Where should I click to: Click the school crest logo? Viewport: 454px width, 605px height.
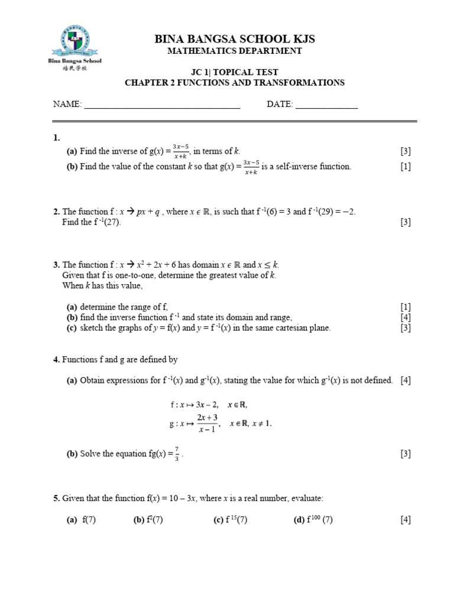[74, 40]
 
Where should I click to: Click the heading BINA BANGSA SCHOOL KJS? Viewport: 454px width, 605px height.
[235, 39]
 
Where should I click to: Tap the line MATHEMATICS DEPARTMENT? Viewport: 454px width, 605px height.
[235, 51]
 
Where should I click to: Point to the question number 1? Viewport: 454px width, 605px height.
[56, 138]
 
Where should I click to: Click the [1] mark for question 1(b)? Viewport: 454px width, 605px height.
[405, 167]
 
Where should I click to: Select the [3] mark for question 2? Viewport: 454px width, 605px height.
[405, 222]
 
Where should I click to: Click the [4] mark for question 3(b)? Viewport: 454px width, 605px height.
[405, 317]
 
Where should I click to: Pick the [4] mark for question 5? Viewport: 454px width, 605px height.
[405, 520]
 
